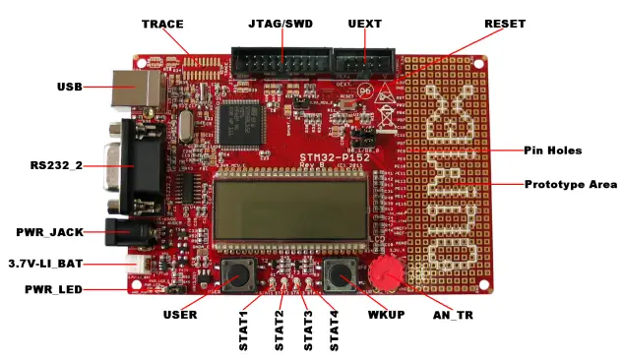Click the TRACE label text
[162, 23]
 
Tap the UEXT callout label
[364, 23]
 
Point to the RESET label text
[505, 23]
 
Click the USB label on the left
[69, 87]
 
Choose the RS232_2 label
[55, 164]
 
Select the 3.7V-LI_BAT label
[47, 264]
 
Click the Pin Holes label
[553, 150]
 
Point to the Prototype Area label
[571, 184]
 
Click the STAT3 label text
[309, 330]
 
